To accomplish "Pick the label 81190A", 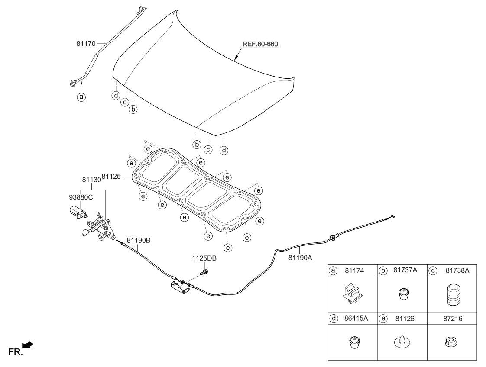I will coord(300,257).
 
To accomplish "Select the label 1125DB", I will coord(204,258).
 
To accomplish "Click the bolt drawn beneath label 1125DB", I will coord(204,273).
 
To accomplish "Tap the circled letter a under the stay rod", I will coord(81,97).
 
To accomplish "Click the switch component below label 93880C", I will coord(78,212).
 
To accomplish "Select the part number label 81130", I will coord(91,178).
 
